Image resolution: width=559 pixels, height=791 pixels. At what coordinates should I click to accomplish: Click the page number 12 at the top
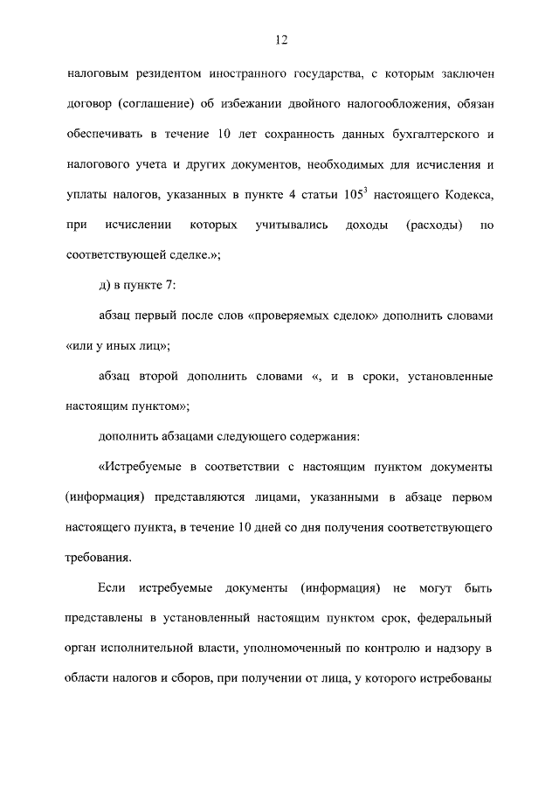(x=279, y=38)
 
